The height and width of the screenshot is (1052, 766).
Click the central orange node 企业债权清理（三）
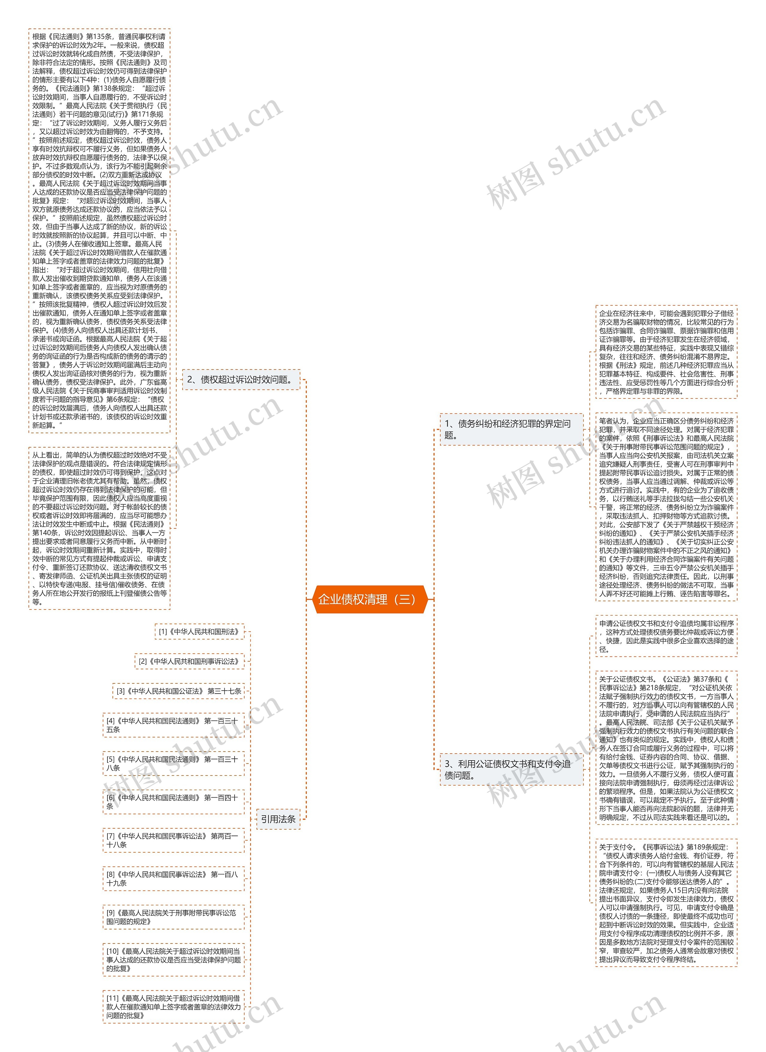370,599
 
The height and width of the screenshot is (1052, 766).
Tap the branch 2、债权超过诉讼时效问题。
241,379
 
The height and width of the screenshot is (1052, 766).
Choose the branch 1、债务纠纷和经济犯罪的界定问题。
511,429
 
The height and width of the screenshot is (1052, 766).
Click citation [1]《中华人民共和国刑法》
199,632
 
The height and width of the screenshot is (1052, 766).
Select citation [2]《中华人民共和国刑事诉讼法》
189,662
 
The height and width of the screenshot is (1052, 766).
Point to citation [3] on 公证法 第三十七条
179,691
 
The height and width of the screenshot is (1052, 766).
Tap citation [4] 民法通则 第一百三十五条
174,725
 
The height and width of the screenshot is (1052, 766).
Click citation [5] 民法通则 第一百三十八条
174,764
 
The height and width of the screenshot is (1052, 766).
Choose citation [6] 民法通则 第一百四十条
174,802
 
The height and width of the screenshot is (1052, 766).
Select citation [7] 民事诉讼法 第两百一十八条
174,840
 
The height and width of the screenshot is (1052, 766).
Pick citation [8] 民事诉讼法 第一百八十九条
174,879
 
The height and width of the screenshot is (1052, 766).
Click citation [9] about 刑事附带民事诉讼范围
174,917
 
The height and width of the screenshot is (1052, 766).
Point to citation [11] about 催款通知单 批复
174,1007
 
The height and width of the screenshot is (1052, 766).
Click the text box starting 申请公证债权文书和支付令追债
666,636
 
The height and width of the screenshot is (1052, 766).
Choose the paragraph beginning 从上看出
99,528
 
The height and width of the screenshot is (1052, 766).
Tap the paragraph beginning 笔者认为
666,507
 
